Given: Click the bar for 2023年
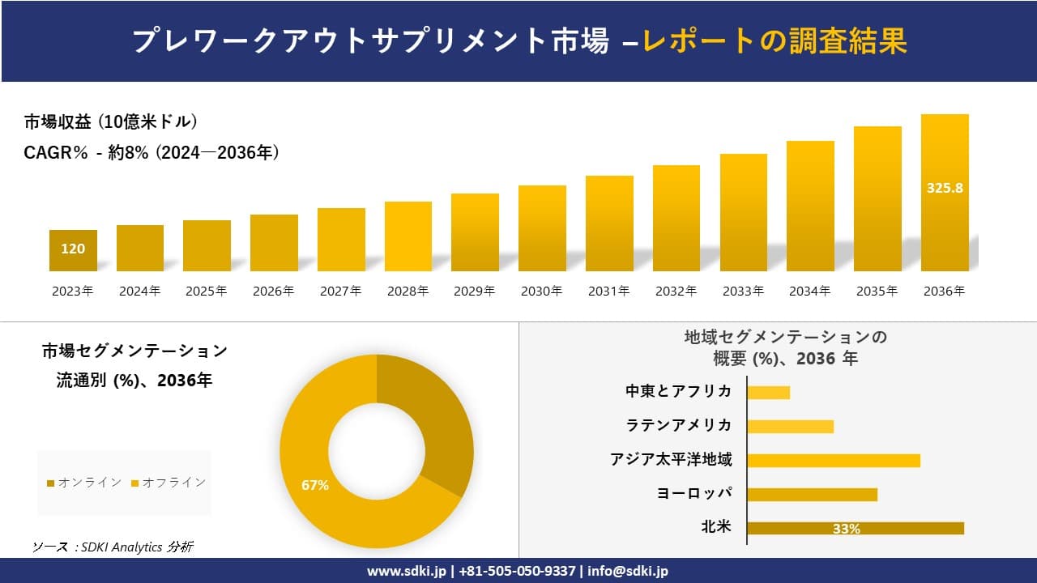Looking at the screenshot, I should click(73, 251).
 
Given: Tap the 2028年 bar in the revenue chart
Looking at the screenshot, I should click(408, 236).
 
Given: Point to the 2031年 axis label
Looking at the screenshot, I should click(608, 291).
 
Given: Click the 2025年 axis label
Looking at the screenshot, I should click(207, 291).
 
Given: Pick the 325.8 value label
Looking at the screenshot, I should click(945, 188).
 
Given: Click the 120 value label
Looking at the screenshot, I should click(73, 249).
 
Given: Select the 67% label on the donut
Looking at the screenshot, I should click(315, 485).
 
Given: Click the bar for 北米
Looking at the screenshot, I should click(856, 528).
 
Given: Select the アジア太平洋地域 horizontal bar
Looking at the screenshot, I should click(834, 460).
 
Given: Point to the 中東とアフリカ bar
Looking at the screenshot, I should click(768, 393).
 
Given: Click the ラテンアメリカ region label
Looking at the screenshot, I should click(679, 425).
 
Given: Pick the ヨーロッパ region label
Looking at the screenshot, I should click(694, 493).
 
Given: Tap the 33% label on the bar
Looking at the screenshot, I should click(846, 529).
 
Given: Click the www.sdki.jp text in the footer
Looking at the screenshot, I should click(408, 571).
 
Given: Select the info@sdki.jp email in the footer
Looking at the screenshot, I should click(629, 571).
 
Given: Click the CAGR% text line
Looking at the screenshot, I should click(151, 152).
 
